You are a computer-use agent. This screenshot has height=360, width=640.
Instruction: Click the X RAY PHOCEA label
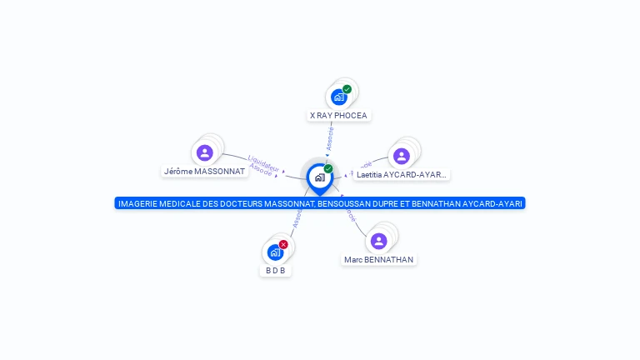(338, 115)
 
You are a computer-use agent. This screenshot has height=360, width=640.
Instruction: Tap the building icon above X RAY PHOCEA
(338, 97)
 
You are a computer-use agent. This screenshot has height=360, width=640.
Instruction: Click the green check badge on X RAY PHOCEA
(347, 89)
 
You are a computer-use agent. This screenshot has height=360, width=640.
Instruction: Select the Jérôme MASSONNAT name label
(205, 171)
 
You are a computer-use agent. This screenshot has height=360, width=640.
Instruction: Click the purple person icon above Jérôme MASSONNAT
(205, 152)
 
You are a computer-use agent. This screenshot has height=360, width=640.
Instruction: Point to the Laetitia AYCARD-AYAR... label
(402, 175)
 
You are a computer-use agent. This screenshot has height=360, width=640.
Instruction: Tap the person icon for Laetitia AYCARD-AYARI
(402, 156)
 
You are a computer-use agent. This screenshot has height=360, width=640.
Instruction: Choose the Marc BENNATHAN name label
(379, 259)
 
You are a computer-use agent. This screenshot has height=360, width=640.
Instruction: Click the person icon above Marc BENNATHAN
(379, 241)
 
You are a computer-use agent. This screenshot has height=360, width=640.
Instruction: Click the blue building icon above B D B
(275, 252)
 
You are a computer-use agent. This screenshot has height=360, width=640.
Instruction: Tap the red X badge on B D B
(283, 244)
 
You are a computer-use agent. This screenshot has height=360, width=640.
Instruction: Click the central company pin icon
(319, 177)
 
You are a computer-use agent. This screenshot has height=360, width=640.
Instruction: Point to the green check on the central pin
(328, 168)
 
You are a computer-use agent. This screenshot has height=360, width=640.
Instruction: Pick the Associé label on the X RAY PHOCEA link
(330, 137)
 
